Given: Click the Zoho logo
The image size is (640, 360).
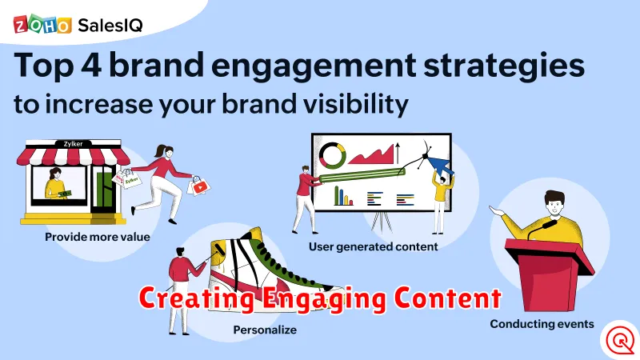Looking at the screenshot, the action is (42, 25).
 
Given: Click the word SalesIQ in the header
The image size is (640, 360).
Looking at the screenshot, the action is (110, 26).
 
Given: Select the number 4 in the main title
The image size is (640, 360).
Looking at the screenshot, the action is (91, 65).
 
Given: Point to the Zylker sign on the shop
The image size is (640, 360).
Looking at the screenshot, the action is (74, 144).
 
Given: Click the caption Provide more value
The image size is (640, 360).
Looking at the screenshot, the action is (97, 237).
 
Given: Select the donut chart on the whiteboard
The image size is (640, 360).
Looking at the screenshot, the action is (333, 155).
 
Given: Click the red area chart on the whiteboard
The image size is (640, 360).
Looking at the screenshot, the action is (371, 155).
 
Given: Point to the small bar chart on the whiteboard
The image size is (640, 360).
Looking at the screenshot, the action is (343, 195).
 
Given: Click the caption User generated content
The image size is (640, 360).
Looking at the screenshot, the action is (373, 246).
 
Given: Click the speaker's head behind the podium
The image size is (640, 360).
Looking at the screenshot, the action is (555, 204).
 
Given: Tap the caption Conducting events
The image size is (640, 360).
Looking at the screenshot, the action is (542, 324).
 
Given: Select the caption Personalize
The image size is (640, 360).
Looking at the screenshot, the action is (265, 330).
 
